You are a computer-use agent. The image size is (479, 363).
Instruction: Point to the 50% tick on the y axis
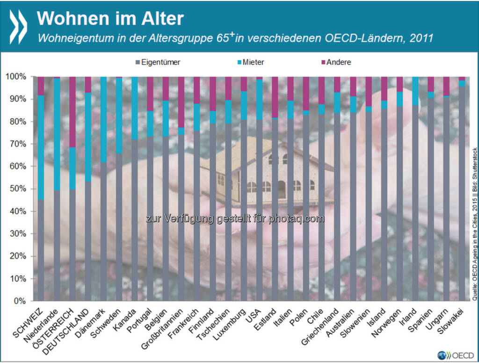pos(19,189)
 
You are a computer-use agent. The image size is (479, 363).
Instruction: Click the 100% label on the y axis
pos(17,76)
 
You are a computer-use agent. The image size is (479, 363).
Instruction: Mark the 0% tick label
pos(21,301)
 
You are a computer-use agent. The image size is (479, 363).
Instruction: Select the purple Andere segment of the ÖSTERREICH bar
pos(72,112)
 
